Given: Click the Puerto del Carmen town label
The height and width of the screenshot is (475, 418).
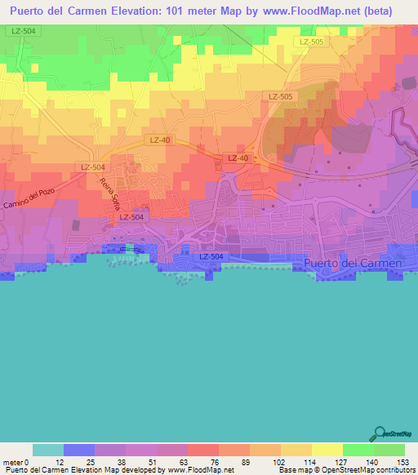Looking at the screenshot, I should [352, 264].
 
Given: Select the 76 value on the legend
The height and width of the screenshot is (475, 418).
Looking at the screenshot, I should [203, 462].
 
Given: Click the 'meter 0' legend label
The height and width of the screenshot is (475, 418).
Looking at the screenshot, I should [16, 462].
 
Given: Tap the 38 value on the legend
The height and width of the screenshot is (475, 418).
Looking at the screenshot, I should [110, 462].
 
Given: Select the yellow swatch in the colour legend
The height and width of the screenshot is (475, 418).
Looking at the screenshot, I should [327, 450].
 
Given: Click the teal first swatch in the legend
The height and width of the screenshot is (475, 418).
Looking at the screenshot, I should [48, 450].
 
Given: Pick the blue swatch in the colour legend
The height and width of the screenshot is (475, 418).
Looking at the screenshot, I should [79, 450].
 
